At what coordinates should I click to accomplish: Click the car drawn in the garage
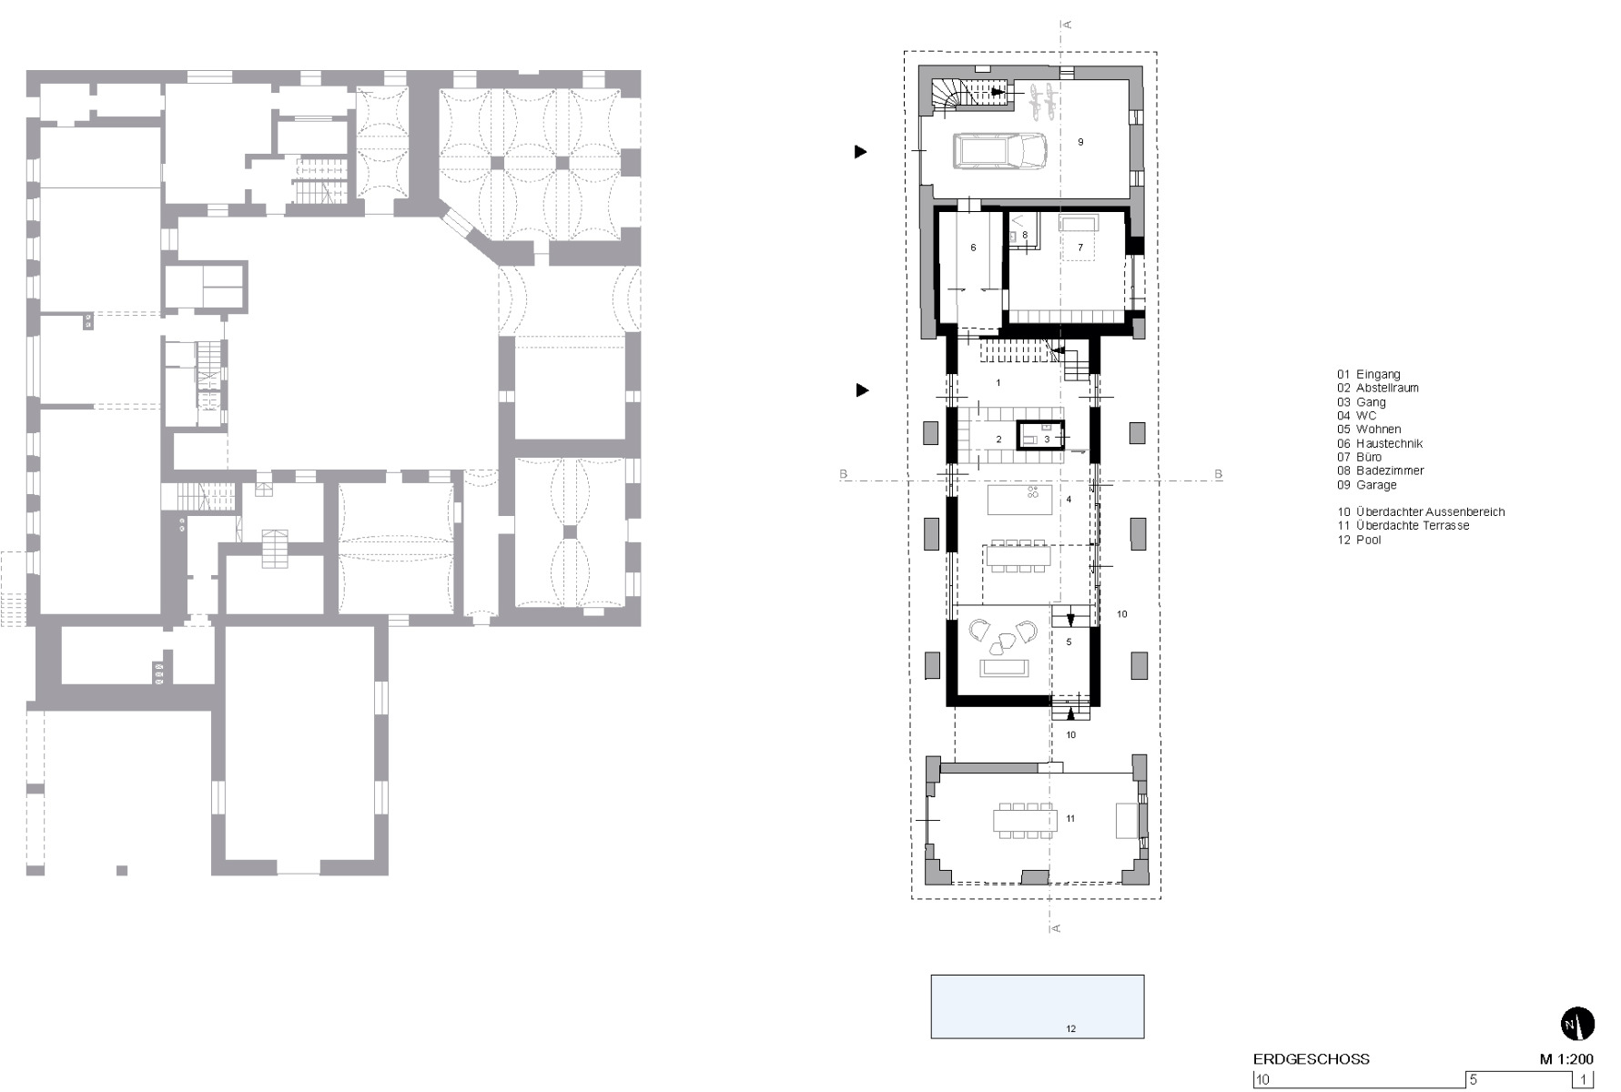click(x=999, y=150)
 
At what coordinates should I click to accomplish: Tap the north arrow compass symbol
click(x=1578, y=1025)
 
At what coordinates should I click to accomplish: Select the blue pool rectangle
click(x=1037, y=1006)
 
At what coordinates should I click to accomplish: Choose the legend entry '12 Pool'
click(x=1359, y=540)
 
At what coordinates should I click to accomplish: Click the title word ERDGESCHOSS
click(x=1311, y=1059)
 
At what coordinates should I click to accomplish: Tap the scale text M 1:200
click(x=1566, y=1059)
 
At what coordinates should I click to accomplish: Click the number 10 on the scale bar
click(x=1262, y=1080)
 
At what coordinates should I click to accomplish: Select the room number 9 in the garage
click(x=1080, y=142)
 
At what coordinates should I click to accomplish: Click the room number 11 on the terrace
click(x=1070, y=819)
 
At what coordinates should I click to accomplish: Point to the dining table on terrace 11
click(x=1025, y=820)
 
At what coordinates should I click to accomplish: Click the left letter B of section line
click(x=844, y=474)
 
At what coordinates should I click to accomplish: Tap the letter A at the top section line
click(x=1067, y=25)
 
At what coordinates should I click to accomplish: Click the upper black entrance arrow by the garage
click(x=860, y=152)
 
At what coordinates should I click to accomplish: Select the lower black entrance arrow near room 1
click(x=861, y=390)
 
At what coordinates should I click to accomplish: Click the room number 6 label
click(x=973, y=248)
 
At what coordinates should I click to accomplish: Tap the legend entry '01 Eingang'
click(x=1368, y=374)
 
